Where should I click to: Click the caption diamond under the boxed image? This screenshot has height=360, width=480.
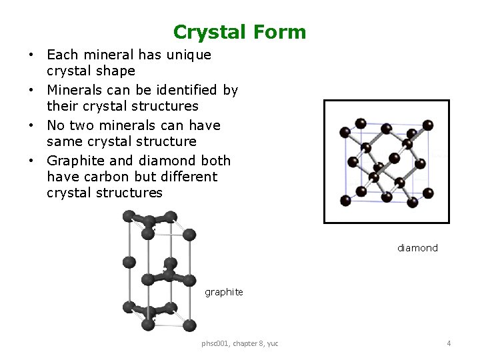(417, 248)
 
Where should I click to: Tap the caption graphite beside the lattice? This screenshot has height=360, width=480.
(224, 292)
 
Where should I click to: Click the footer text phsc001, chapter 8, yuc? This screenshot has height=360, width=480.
(240, 343)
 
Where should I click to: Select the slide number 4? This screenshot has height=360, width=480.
(449, 343)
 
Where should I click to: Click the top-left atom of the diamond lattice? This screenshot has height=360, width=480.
(345, 131)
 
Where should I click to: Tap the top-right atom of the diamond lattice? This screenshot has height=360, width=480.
(429, 125)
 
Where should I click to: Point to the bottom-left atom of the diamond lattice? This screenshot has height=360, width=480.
(345, 200)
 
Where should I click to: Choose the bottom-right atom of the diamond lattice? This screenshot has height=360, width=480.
(429, 193)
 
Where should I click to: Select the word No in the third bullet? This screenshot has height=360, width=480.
(56, 125)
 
